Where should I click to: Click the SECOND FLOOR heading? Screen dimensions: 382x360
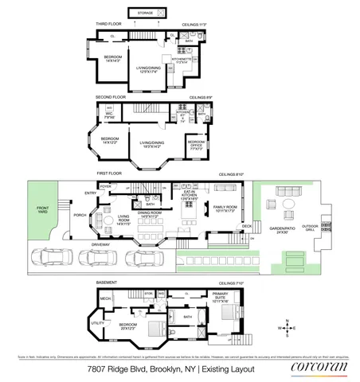[112, 96]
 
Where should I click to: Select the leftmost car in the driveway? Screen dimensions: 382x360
[47, 257]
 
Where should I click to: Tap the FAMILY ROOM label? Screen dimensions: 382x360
[223, 208]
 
